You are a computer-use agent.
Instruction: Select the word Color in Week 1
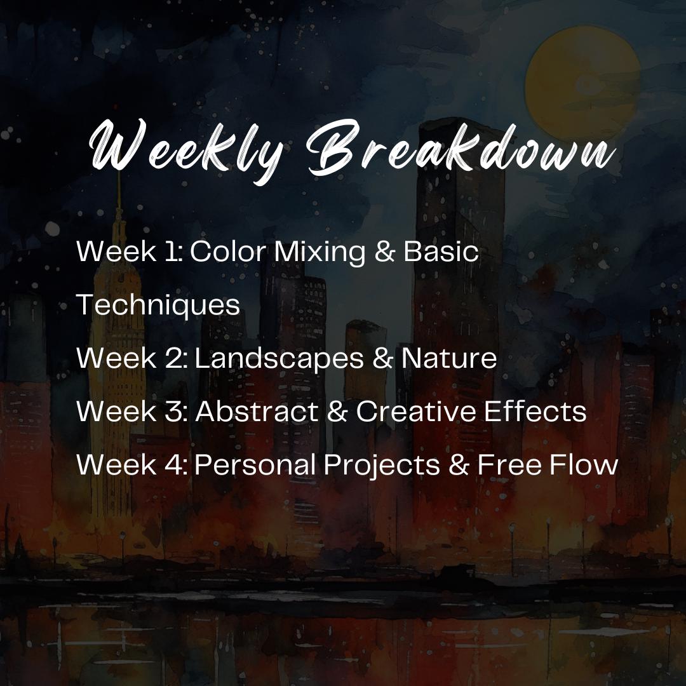[227, 252]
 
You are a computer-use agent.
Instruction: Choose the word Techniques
[158, 306]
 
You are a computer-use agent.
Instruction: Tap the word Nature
[449, 359]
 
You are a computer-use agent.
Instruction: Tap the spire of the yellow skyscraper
[118, 197]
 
